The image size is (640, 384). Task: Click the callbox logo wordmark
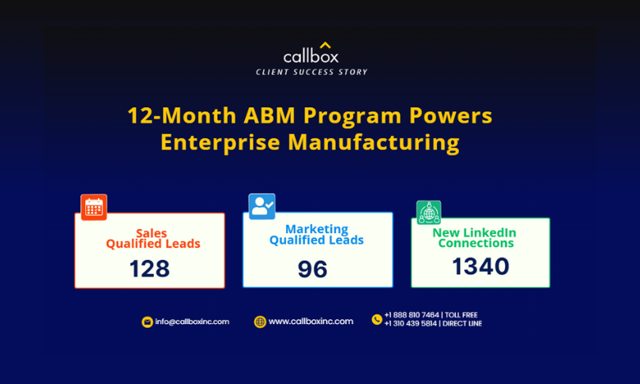tap(311, 56)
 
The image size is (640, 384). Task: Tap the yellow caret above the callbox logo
tap(326, 45)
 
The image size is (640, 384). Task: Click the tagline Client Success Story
tap(311, 72)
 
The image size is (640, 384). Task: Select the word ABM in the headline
tap(269, 115)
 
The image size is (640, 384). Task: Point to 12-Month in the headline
tap(182, 115)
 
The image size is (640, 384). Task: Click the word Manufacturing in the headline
tap(374, 143)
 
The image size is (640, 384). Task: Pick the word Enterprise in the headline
tap(220, 143)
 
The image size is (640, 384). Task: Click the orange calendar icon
tap(94, 207)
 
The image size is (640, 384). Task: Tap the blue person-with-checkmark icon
tap(262, 206)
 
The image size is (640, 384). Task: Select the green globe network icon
tap(428, 213)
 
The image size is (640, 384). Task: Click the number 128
tap(149, 269)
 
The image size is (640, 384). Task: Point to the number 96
tap(313, 269)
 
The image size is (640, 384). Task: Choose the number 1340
tap(480, 266)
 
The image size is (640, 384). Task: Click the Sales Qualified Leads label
tap(153, 239)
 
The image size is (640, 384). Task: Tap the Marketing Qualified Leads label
tap(316, 235)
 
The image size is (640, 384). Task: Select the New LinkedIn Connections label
tap(475, 238)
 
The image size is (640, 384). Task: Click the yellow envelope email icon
tap(147, 322)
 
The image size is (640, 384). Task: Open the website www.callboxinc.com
tap(311, 322)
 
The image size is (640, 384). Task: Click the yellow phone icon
tap(377, 319)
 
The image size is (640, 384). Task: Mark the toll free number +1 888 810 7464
tap(412, 315)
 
